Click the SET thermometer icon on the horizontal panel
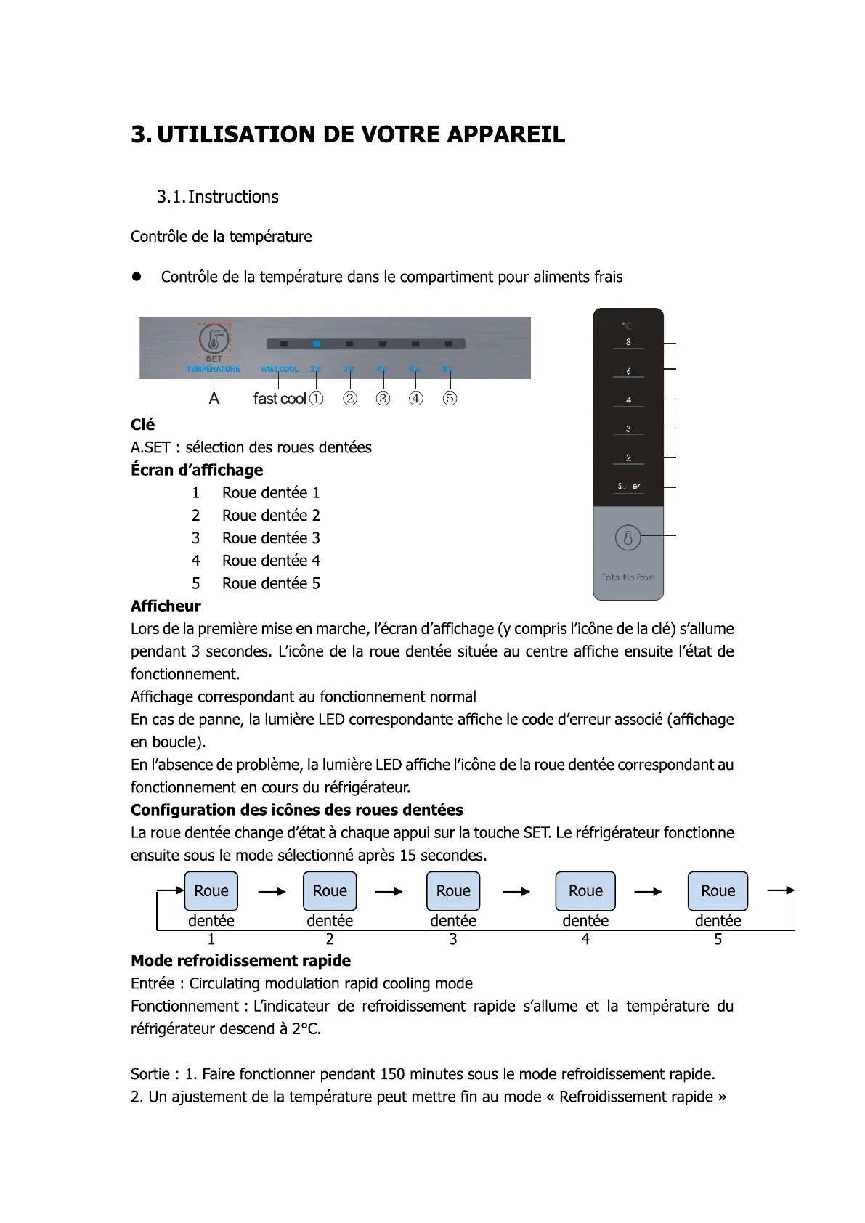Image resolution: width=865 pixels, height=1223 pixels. [214, 338]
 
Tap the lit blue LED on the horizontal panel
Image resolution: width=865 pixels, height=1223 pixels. [317, 344]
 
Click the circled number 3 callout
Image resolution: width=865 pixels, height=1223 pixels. [383, 398]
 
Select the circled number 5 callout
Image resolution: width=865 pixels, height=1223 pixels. [450, 398]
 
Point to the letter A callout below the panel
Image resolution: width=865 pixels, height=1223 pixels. [214, 398]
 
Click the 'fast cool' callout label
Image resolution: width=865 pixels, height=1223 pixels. [279, 398]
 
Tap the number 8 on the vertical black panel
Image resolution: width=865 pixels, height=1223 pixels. [628, 342]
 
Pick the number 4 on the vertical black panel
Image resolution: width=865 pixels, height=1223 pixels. [628, 400]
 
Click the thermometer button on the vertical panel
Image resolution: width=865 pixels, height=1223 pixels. [628, 538]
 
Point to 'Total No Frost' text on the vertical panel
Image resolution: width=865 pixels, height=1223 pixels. [628, 577]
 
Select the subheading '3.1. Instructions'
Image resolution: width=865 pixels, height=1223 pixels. [217, 197]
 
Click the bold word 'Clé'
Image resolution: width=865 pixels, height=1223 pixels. [142, 425]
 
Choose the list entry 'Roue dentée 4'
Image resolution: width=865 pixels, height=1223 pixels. [271, 561]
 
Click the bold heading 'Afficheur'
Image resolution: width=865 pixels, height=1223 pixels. [166, 606]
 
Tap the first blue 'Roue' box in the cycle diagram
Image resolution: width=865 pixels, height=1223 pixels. [211, 891]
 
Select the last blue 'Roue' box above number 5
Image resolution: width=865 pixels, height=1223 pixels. [718, 891]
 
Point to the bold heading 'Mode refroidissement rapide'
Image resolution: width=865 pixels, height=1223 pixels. [240, 961]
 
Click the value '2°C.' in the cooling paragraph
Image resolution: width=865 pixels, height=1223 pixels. [306, 1029]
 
